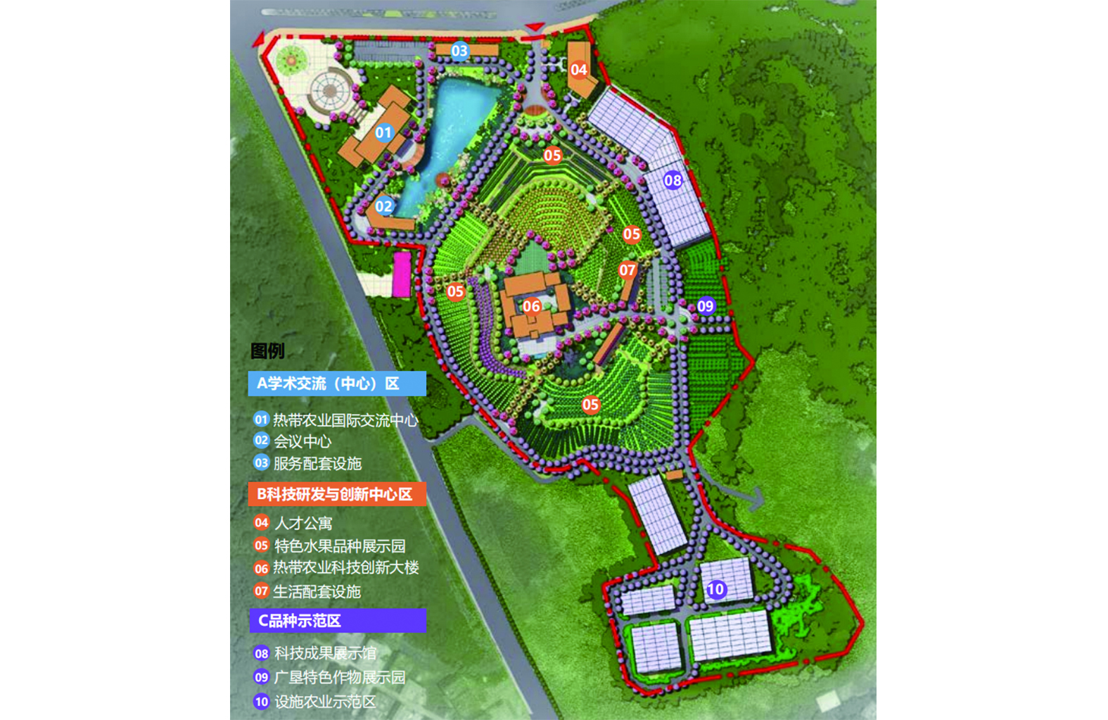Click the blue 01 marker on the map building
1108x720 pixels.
tap(383, 132)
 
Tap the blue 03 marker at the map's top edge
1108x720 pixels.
tap(459, 51)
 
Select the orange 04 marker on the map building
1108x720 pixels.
tap(579, 70)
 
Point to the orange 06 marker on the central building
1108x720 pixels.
tap(531, 306)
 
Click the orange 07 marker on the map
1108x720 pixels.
tap(628, 270)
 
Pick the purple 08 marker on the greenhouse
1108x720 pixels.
tap(673, 180)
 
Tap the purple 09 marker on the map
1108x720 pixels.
tap(706, 305)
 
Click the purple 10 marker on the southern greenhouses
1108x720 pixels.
tap(715, 589)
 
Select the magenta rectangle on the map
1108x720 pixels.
tap(402, 274)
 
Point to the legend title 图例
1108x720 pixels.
tap(267, 351)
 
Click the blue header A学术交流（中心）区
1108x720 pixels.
tap(337, 384)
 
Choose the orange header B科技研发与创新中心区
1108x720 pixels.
tap(337, 494)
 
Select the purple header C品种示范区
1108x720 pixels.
tap(338, 621)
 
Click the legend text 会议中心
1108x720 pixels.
tap(303, 442)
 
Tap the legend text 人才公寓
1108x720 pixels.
tap(303, 524)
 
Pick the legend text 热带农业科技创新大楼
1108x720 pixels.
tap(346, 568)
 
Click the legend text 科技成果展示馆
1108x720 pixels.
tap(325, 654)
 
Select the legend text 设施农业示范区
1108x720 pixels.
tap(325, 702)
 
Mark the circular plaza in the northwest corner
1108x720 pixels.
tap(329, 91)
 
